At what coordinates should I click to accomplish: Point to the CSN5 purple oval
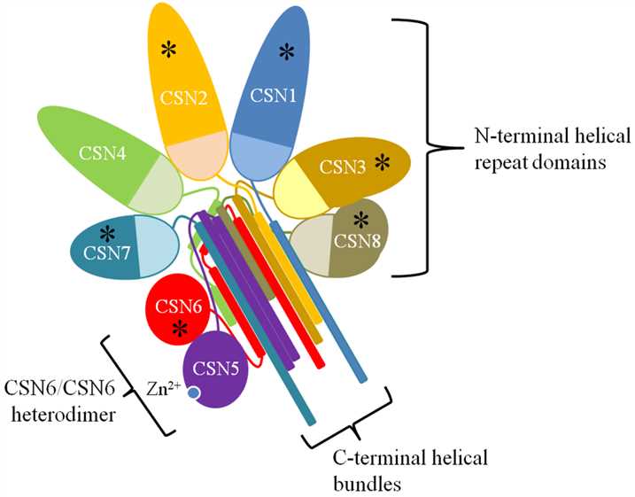click(x=216, y=369)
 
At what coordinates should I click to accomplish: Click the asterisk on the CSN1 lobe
click(x=286, y=52)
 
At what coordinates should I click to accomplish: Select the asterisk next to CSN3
click(x=381, y=161)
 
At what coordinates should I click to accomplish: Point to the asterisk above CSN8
click(x=361, y=219)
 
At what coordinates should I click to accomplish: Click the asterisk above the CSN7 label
click(x=108, y=233)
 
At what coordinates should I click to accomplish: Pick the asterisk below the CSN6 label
click(x=180, y=330)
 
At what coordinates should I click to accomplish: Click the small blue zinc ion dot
click(x=191, y=393)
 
